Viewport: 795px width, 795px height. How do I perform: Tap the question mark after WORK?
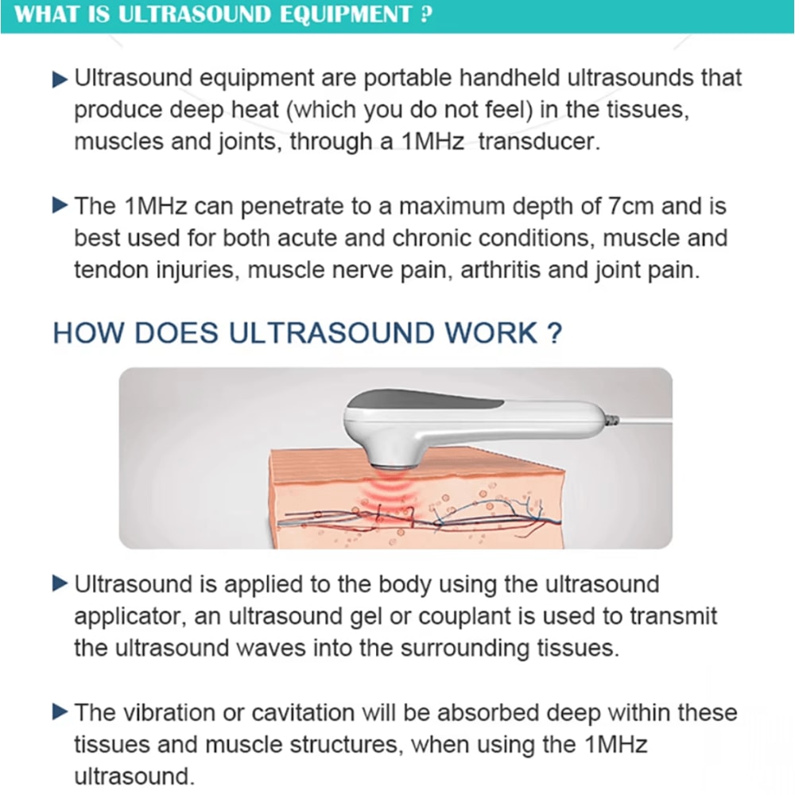pyautogui.click(x=555, y=333)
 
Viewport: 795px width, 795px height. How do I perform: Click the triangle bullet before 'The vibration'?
pyautogui.click(x=60, y=711)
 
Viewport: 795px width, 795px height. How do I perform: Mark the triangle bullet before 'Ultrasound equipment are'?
pyautogui.click(x=60, y=79)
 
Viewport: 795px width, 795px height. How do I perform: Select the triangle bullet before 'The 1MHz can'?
pyautogui.click(x=60, y=206)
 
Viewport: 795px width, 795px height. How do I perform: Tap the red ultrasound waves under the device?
pyautogui.click(x=392, y=493)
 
